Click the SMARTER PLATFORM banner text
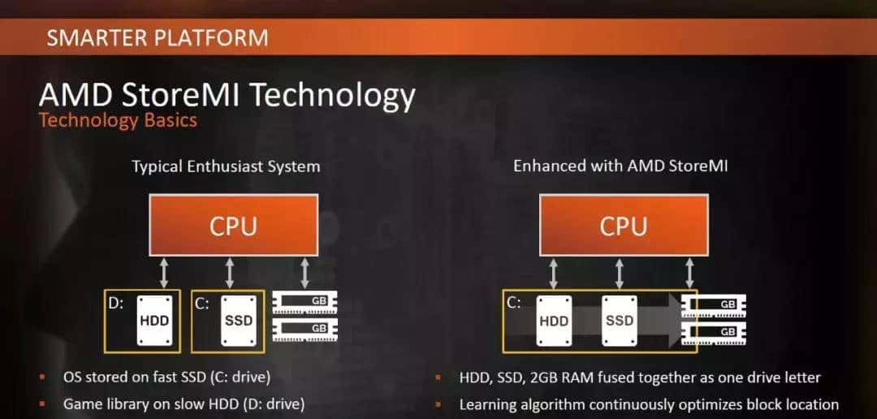[x=157, y=37]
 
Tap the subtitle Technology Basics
[x=118, y=121]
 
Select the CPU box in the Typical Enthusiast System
[x=233, y=225]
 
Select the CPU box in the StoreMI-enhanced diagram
[x=623, y=225]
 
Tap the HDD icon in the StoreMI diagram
[x=554, y=320]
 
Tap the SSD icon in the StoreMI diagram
[x=619, y=320]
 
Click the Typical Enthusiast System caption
[x=226, y=166]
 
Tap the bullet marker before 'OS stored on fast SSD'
[x=43, y=378]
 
